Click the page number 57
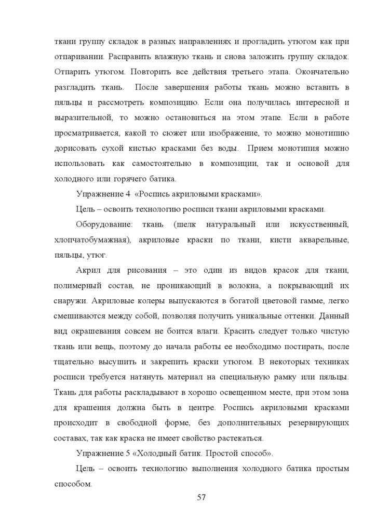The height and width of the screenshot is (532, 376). coord(202,498)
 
